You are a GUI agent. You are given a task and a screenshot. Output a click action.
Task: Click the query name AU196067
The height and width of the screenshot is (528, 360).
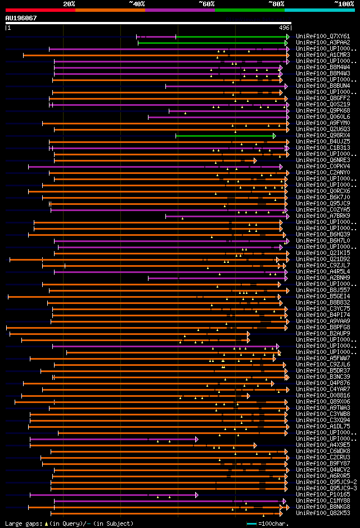pos(21,18)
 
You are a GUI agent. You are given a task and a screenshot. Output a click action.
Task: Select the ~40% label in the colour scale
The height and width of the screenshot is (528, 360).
pos(137,3)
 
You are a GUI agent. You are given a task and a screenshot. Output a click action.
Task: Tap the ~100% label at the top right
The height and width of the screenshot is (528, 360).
pos(344,3)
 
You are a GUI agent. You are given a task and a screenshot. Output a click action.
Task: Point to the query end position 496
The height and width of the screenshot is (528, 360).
pos(284,28)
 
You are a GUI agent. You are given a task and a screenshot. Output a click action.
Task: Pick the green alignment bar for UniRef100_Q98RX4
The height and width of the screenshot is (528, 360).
pos(225,136)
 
